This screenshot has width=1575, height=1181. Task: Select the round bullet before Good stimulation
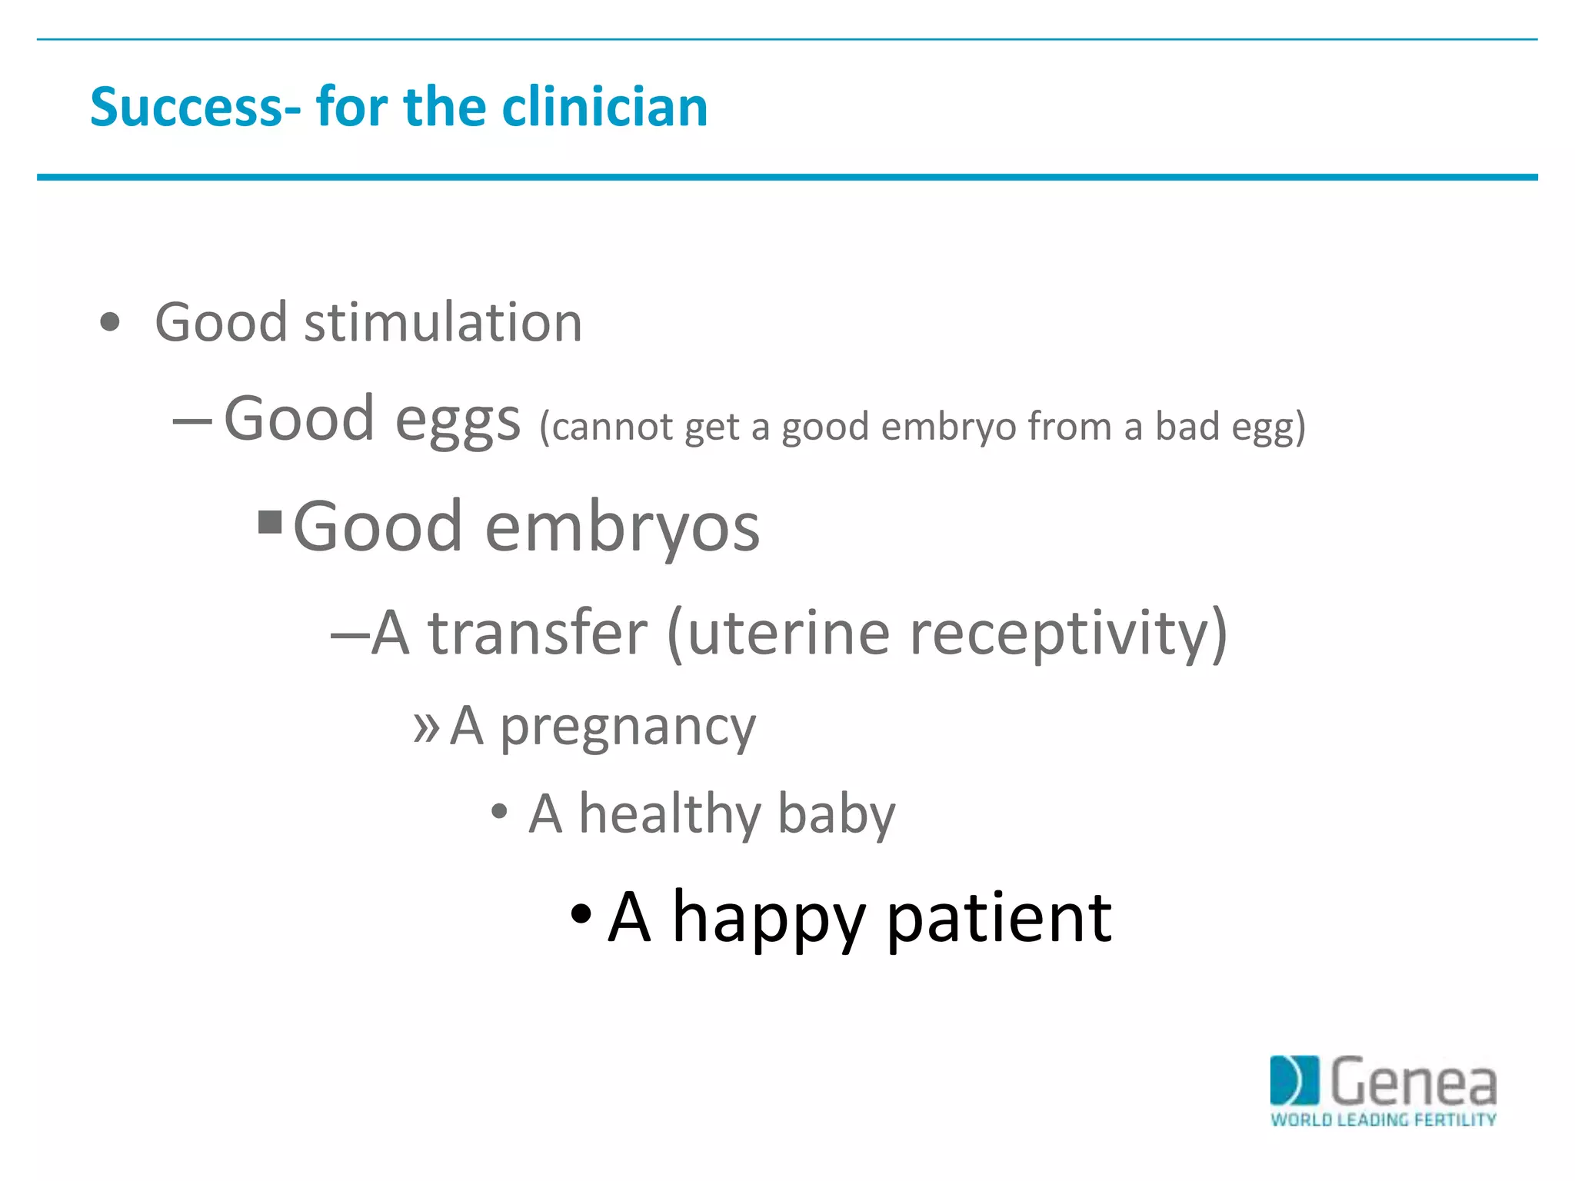pos(110,321)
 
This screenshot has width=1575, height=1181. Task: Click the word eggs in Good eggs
pos(458,420)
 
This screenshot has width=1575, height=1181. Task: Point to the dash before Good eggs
pos(192,421)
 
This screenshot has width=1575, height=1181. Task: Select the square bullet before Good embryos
pos(270,522)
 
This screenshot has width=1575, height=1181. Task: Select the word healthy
pos(670,814)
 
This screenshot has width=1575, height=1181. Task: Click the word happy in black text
pos(768,918)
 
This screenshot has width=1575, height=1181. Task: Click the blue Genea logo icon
pos(1294,1080)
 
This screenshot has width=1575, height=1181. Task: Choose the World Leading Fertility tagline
pos(1383,1119)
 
